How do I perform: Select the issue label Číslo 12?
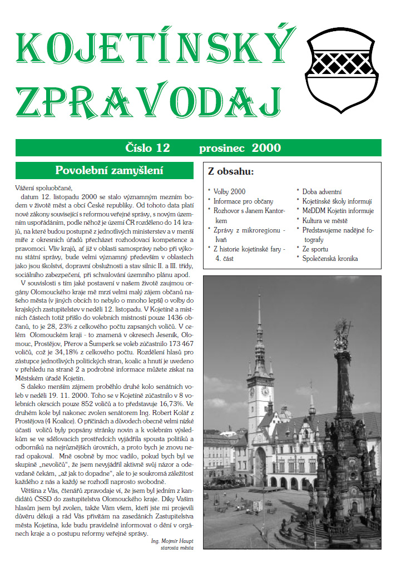[147, 148]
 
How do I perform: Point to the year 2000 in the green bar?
[266, 148]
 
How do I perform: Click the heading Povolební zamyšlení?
[105, 170]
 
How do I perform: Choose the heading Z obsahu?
[231, 171]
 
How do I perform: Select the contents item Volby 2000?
[230, 192]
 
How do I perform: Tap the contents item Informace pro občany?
[243, 201]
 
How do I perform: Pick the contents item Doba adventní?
[322, 192]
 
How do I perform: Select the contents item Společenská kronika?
[330, 259]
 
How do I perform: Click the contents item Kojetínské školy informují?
[337, 201]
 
